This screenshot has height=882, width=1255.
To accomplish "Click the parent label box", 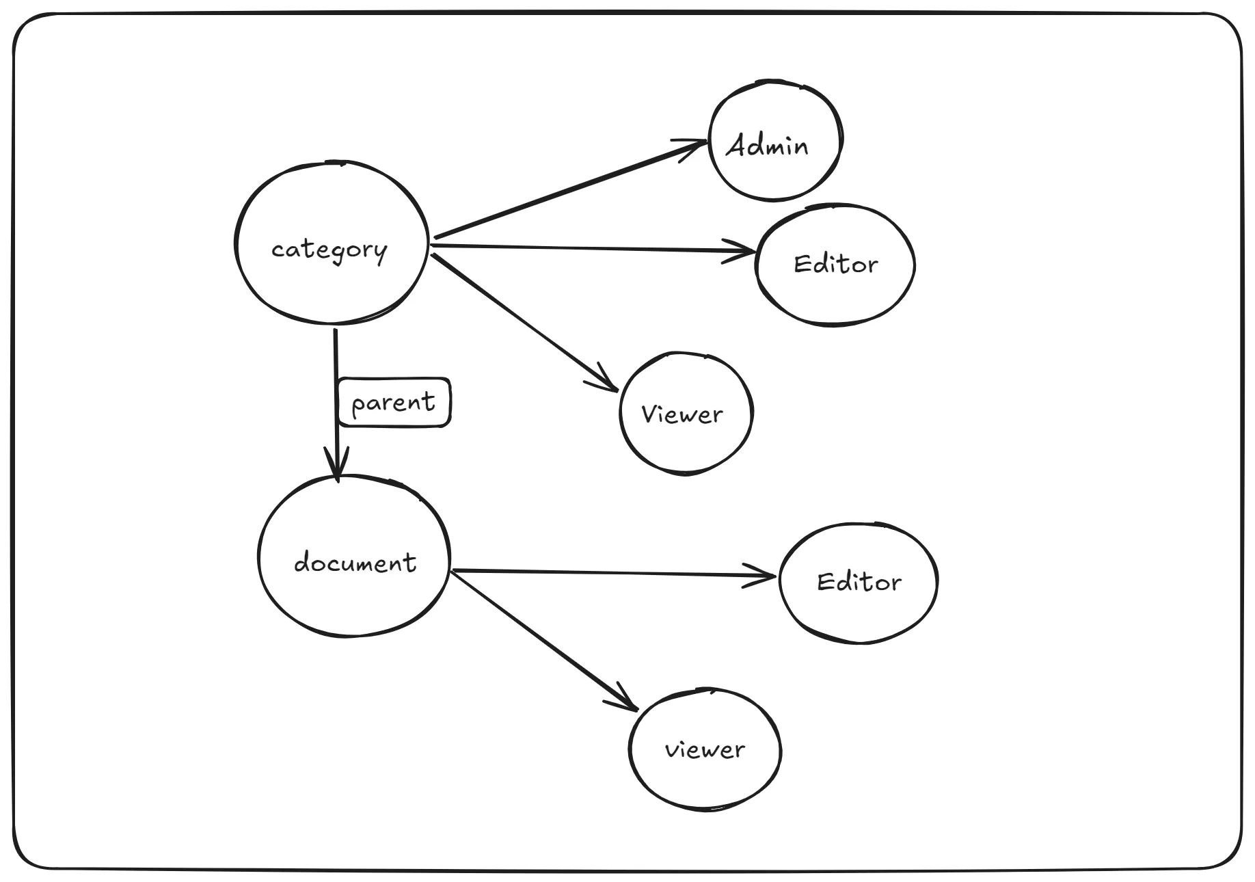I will (394, 402).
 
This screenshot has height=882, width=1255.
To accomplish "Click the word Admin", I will (767, 146).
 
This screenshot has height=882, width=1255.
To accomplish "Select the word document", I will (355, 563).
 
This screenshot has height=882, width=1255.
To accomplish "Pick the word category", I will (329, 250).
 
